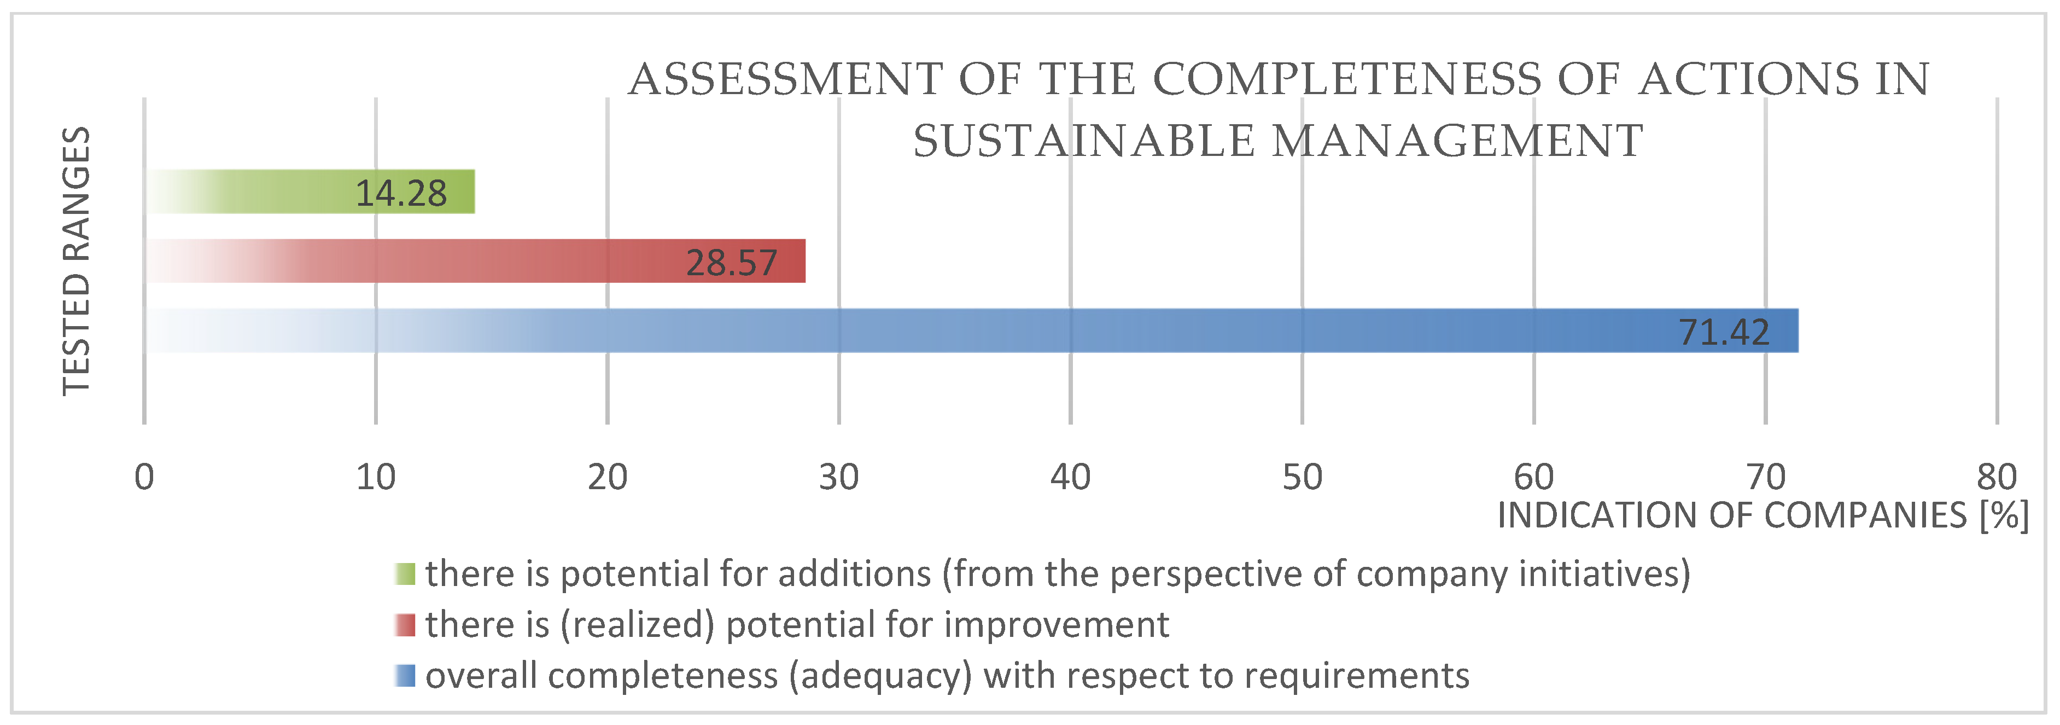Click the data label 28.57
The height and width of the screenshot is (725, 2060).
click(x=731, y=263)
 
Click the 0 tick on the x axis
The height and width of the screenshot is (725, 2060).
click(x=144, y=478)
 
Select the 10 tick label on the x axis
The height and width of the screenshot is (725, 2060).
click(x=375, y=478)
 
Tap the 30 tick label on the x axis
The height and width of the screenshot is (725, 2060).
click(x=838, y=478)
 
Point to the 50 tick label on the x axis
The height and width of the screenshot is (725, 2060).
click(x=1302, y=478)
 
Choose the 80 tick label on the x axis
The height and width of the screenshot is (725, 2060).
click(x=1996, y=478)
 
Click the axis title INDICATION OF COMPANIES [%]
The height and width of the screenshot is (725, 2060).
click(x=1763, y=516)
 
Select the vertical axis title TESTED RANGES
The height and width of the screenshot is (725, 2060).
click(x=77, y=261)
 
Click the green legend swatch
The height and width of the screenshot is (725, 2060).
click(x=405, y=574)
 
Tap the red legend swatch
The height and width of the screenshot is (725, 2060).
click(x=405, y=625)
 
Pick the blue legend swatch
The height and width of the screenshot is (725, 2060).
click(x=405, y=676)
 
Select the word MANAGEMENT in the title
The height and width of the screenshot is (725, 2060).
click(x=1457, y=142)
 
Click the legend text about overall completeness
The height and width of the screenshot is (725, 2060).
click(x=947, y=676)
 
